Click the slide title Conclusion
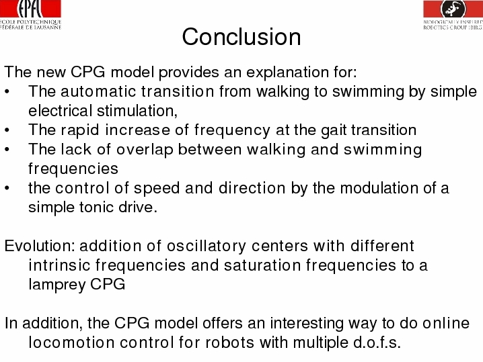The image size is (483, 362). click(x=241, y=36)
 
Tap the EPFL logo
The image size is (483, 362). click(x=30, y=15)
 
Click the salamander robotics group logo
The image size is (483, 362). click(x=453, y=15)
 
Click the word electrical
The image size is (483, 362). click(x=60, y=111)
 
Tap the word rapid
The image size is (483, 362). click(x=80, y=130)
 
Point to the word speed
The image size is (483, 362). click(x=157, y=188)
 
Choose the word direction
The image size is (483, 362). click(x=252, y=188)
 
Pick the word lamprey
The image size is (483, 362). click(x=57, y=285)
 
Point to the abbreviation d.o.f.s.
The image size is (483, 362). click(x=377, y=343)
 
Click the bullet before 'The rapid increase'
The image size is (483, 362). click(x=7, y=130)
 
